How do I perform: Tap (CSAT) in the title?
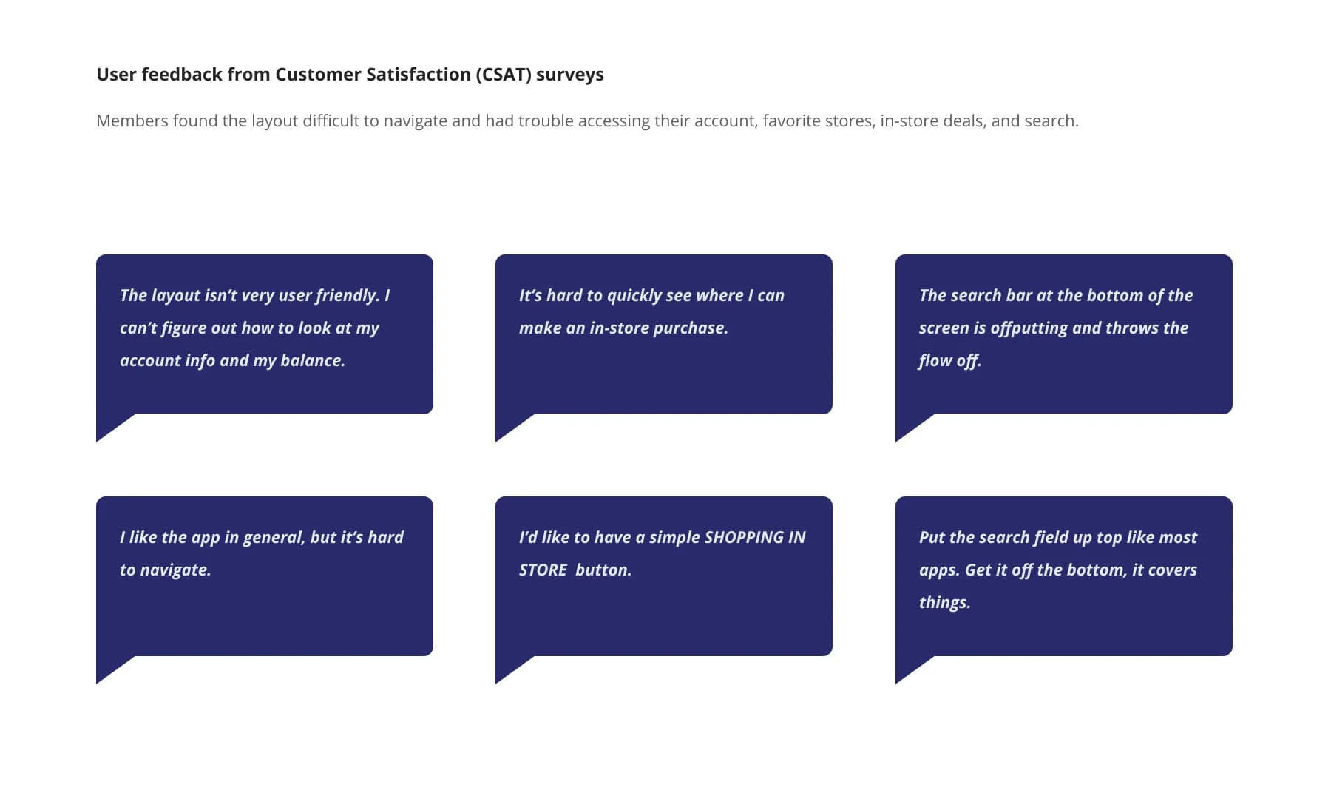(504, 75)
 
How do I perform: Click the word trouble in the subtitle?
(546, 121)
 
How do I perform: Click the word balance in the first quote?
(312, 361)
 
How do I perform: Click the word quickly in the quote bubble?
(634, 296)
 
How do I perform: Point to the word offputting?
(1029, 328)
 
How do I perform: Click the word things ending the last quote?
(944, 603)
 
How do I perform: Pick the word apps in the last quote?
(938, 570)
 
